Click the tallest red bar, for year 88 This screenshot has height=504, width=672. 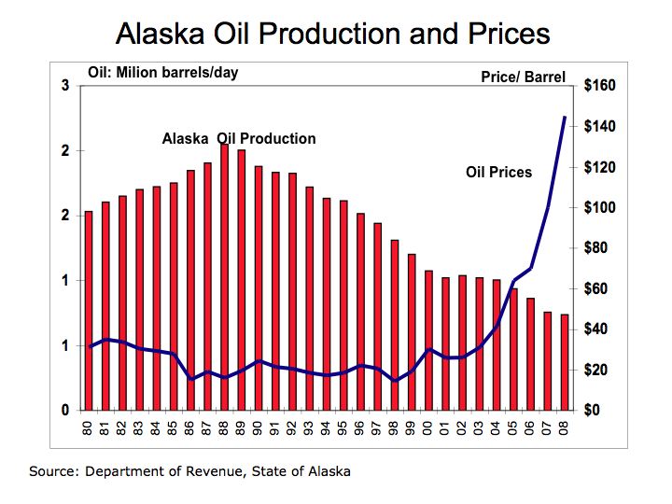[224, 277]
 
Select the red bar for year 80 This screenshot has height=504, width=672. [89, 311]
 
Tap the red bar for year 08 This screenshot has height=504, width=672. [565, 362]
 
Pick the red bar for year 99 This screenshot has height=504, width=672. [412, 332]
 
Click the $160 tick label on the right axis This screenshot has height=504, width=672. [599, 85]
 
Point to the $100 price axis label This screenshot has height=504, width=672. [599, 207]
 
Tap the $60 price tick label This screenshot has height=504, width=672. [595, 288]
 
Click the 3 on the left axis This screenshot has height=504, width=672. [65, 86]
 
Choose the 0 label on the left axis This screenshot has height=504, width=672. [65, 410]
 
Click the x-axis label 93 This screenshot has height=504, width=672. [309, 428]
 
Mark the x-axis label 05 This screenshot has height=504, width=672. [513, 428]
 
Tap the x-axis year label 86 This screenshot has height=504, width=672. [189, 428]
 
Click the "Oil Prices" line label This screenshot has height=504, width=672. [498, 173]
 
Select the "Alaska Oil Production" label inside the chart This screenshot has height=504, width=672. [239, 138]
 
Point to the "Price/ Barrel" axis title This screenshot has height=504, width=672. [524, 77]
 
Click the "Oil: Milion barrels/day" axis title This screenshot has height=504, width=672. [163, 73]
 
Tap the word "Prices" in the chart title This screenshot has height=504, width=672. [509, 34]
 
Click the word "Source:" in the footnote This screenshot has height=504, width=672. [54, 471]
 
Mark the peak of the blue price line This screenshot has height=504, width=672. [565, 117]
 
